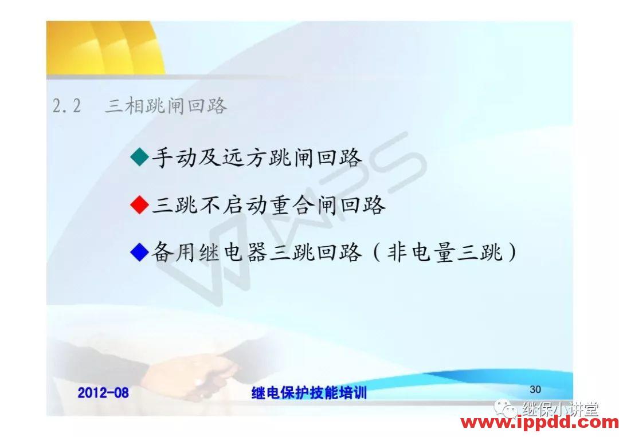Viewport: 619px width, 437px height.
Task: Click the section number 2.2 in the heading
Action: coord(67,106)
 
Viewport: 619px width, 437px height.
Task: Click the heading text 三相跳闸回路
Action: coord(166,106)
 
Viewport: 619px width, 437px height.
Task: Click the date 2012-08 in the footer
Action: coord(103,393)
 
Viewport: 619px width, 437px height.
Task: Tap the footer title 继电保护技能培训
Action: coord(309,393)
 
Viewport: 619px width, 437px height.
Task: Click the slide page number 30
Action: coord(535,389)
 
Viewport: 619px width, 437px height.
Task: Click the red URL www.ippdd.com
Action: coord(539,423)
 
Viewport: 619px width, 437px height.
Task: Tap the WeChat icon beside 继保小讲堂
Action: coord(507,408)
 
